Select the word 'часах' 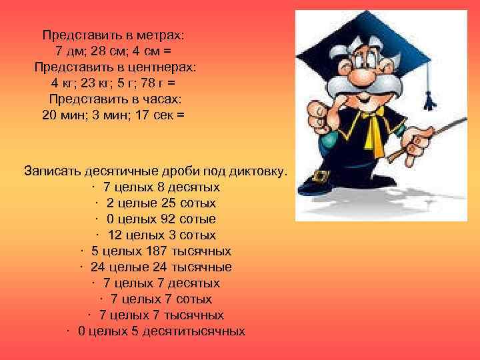[x=160, y=99]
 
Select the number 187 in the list [x=147, y=251]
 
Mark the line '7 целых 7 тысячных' [x=161, y=315]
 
